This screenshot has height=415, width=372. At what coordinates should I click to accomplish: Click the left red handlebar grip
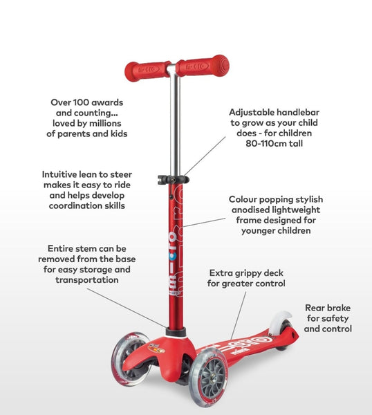148,71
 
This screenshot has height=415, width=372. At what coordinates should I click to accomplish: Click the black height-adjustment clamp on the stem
174,179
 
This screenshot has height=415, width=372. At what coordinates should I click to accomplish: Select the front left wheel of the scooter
130,358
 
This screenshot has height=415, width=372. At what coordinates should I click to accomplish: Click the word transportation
87,280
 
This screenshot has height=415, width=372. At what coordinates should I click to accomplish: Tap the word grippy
247,274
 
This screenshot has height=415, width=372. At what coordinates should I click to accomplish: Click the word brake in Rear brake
338,308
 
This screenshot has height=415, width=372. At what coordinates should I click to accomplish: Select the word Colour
242,199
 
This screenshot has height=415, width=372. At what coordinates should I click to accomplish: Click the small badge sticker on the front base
157,348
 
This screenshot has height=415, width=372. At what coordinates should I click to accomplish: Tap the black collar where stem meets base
176,332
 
